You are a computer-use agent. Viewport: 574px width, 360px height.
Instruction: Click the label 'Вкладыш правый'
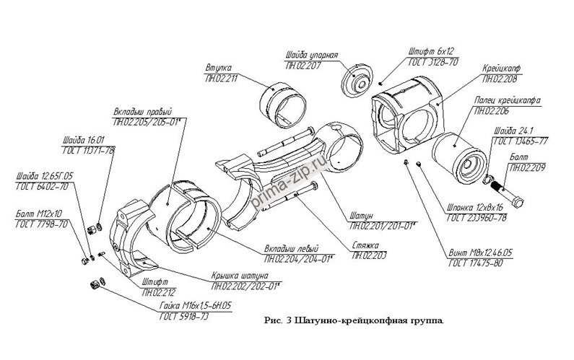click(142, 113)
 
